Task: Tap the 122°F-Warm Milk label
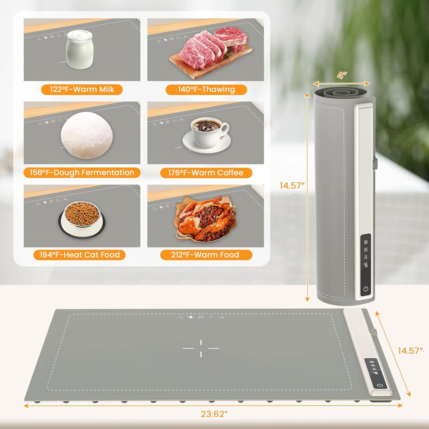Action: tap(82, 90)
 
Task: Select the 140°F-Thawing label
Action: tap(206, 90)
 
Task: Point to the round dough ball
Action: tap(87, 135)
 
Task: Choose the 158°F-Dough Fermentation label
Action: tap(82, 173)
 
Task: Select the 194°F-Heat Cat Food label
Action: tap(80, 255)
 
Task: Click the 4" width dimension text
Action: tap(342, 75)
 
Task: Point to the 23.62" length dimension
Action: tap(214, 414)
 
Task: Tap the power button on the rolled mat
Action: tap(366, 289)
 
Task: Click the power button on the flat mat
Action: tap(380, 385)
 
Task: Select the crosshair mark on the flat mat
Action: tap(201, 348)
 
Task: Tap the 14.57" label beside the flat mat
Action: tap(410, 351)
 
